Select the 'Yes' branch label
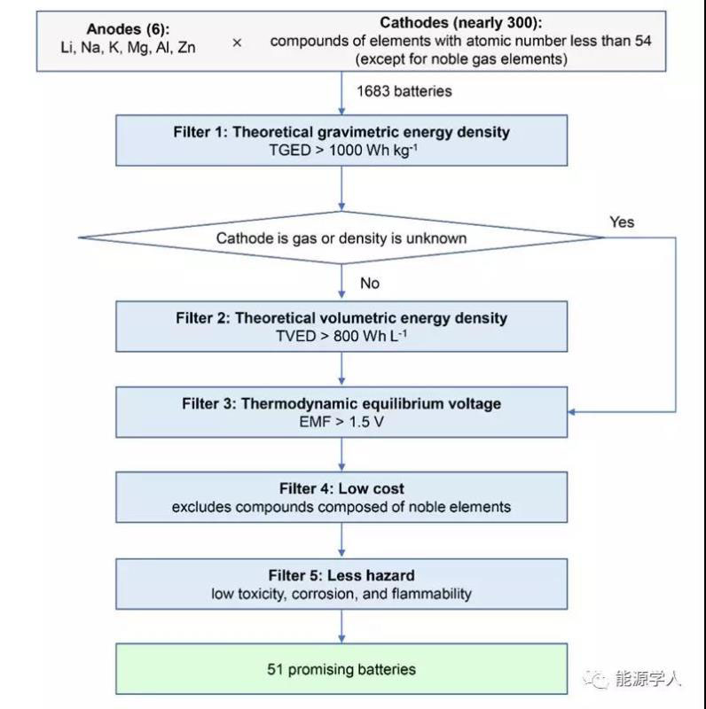[x=622, y=222]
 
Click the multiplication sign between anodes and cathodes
[x=237, y=42]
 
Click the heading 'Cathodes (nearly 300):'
[x=446, y=23]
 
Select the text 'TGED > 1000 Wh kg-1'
[x=341, y=150]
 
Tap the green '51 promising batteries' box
[x=341, y=669]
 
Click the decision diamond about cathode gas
[x=341, y=238]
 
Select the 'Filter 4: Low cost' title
[x=341, y=488]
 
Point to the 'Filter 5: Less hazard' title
[x=341, y=575]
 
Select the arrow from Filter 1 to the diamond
[x=341, y=189]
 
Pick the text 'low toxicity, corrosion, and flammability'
[x=341, y=593]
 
